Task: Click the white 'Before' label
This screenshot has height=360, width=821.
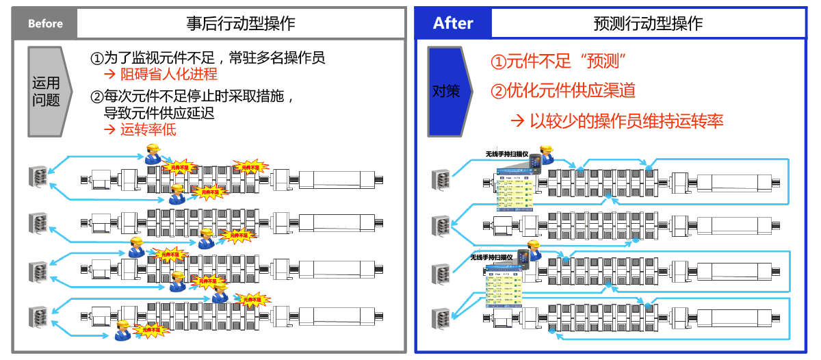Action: [x=45, y=23]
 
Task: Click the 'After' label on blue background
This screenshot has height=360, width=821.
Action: [x=453, y=23]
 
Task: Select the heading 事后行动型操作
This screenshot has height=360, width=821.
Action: [x=241, y=23]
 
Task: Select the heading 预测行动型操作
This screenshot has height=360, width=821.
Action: [x=648, y=23]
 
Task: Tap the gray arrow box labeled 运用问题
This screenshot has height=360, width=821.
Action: [x=47, y=92]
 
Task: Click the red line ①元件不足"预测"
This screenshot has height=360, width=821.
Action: [x=559, y=62]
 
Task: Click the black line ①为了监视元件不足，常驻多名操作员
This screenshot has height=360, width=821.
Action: [x=207, y=57]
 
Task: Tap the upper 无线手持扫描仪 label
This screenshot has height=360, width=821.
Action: [x=507, y=154]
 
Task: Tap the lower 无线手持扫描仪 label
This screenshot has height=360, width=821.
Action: [x=491, y=257]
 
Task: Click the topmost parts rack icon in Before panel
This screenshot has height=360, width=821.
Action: [x=37, y=177]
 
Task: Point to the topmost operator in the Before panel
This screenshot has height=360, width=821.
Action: [x=153, y=153]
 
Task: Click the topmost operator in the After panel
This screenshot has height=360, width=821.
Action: [x=546, y=155]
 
